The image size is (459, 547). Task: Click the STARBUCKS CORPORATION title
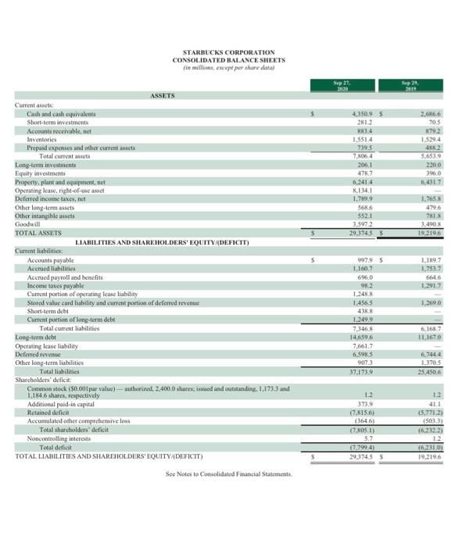(229, 52)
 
